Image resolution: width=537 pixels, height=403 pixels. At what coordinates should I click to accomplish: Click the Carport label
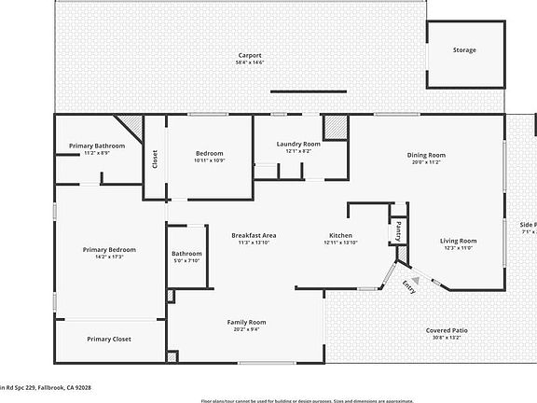(249, 55)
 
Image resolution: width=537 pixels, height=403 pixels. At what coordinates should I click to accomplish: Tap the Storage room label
(464, 50)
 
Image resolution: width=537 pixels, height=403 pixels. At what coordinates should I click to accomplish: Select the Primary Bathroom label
(97, 146)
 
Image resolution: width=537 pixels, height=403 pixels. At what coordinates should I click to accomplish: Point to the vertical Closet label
(155, 160)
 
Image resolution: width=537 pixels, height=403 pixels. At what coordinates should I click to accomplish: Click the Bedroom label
(209, 153)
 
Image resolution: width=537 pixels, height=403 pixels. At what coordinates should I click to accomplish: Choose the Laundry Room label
(298, 144)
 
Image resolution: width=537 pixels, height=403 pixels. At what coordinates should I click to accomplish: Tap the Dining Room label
(426, 155)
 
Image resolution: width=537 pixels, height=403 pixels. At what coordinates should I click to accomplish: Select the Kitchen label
(340, 235)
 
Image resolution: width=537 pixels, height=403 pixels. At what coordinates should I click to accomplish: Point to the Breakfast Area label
(254, 235)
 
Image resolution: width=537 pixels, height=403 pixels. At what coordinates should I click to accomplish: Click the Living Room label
(458, 242)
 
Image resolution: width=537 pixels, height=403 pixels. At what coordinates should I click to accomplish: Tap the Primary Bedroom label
(109, 249)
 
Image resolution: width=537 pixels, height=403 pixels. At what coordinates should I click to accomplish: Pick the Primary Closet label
(109, 339)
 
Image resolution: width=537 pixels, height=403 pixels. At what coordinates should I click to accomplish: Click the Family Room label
(247, 322)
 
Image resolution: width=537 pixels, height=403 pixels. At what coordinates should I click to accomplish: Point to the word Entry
(408, 286)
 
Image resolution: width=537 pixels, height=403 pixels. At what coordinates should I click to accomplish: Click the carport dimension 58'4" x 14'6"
(249, 63)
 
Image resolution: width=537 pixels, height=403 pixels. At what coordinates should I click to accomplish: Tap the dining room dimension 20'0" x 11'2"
(426, 162)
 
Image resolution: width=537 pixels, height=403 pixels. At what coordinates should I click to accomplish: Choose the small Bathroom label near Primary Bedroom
(186, 254)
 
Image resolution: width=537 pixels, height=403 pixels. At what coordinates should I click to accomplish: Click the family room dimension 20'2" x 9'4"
(247, 329)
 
